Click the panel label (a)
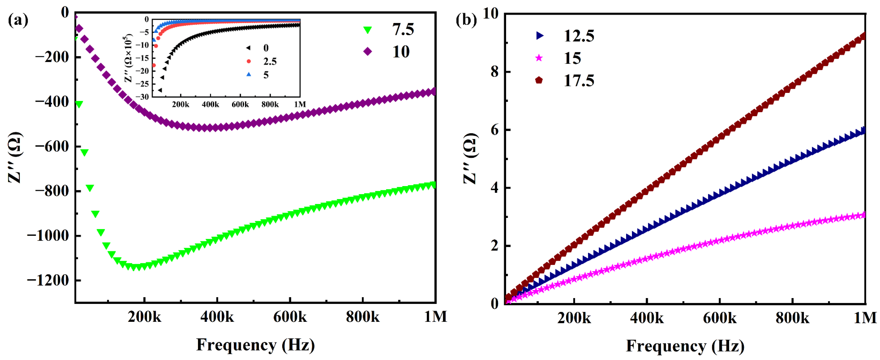(x=18, y=20)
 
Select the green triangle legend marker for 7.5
(x=368, y=30)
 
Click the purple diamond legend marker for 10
(x=368, y=52)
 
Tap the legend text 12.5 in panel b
(x=579, y=36)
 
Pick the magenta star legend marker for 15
(x=539, y=58)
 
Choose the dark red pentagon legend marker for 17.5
(x=539, y=80)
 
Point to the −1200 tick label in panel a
(x=48, y=280)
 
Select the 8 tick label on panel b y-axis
(x=494, y=72)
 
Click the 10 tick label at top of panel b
(x=491, y=14)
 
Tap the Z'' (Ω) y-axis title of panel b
(x=470, y=158)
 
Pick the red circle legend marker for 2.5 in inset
(x=249, y=61)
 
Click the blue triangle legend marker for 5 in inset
(x=249, y=74)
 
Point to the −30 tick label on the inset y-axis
(x=142, y=97)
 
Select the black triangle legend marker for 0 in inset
(x=248, y=48)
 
